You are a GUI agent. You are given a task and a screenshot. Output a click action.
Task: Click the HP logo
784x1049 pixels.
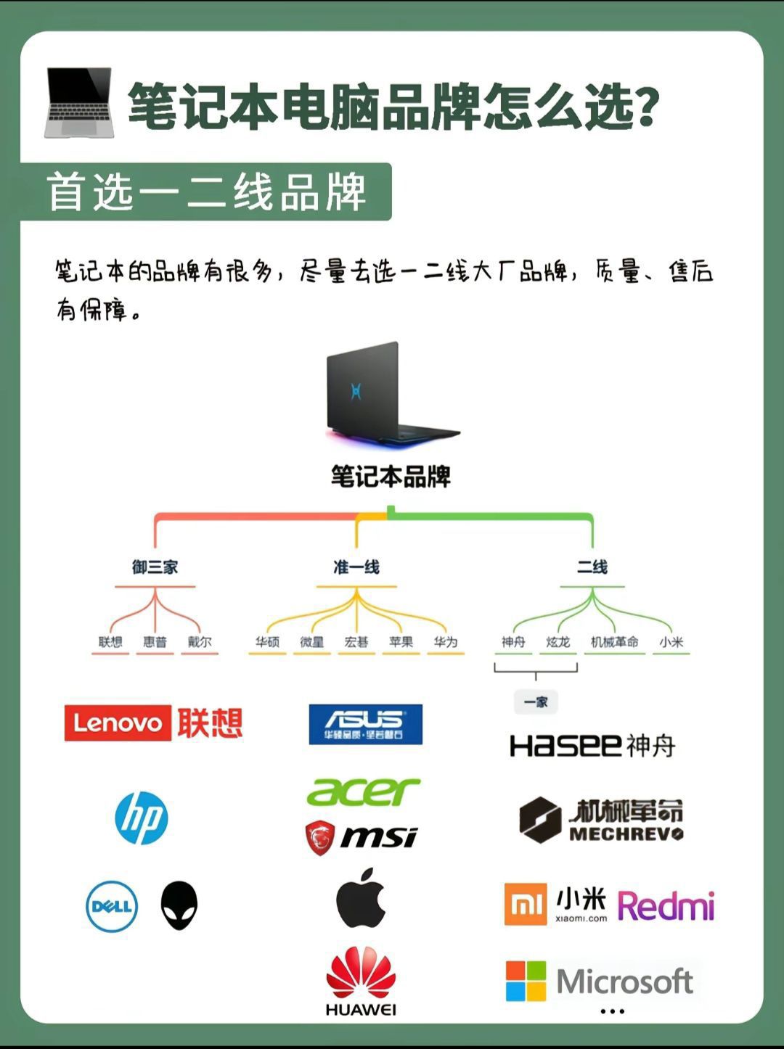[142, 818]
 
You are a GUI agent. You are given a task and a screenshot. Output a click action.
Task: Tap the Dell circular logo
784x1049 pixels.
[112, 906]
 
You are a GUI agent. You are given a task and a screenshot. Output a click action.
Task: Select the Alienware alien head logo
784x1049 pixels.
[179, 905]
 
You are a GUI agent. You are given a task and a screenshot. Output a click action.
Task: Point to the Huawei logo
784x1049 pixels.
[361, 979]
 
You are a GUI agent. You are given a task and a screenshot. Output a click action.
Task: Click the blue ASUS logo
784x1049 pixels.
[365, 724]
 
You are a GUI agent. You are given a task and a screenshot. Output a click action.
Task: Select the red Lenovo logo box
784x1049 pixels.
[118, 723]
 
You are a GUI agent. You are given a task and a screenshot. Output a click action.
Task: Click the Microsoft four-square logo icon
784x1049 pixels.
[526, 982]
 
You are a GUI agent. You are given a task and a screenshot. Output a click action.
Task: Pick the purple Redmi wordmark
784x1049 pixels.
[666, 906]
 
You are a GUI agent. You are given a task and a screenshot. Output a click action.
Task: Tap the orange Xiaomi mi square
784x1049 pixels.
[526, 905]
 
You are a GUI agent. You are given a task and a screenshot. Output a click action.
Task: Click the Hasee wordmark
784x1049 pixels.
[566, 745]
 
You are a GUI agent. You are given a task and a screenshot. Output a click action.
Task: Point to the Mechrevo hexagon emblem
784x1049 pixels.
[540, 820]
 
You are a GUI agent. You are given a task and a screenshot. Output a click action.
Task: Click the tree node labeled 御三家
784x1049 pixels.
[155, 567]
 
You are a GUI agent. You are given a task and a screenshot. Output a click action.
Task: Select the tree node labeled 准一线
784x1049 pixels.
[356, 567]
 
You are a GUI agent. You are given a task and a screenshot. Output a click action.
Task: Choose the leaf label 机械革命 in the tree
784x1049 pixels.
[614, 642]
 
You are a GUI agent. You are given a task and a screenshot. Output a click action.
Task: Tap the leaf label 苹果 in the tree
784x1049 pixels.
[401, 642]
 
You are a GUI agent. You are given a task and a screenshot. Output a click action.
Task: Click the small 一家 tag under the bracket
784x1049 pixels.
[536, 702]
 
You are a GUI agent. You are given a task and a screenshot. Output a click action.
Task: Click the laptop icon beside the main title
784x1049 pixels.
[78, 102]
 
